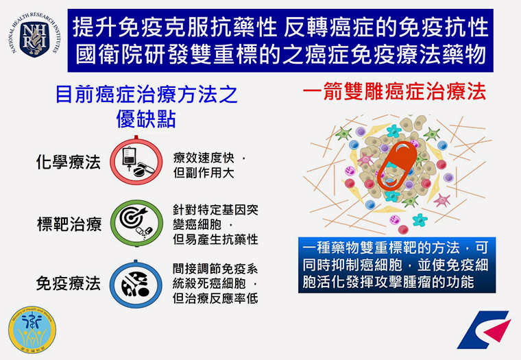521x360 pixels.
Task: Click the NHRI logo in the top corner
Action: coord(34,34)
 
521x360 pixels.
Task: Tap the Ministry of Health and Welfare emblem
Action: coord(32,330)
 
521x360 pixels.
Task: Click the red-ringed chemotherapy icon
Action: coord(136,161)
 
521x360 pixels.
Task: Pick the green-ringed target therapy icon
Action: coord(136,223)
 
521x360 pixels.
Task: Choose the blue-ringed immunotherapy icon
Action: coord(136,284)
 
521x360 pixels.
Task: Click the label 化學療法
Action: coord(68,163)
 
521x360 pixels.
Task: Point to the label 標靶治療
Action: coord(69,224)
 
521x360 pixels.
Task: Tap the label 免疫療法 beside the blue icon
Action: coord(68,284)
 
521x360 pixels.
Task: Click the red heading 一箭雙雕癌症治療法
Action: coord(394,92)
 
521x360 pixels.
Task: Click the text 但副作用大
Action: coord(204,173)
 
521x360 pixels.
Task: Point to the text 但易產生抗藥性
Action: coord(215,239)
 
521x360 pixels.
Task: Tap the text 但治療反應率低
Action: coord(215,298)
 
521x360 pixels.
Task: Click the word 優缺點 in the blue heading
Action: coord(146,119)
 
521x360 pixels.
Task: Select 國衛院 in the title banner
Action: coord(108,55)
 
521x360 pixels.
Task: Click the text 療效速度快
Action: coord(204,158)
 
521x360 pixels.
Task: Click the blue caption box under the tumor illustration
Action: coord(397,265)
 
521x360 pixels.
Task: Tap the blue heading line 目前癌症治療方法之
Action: coord(146,95)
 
